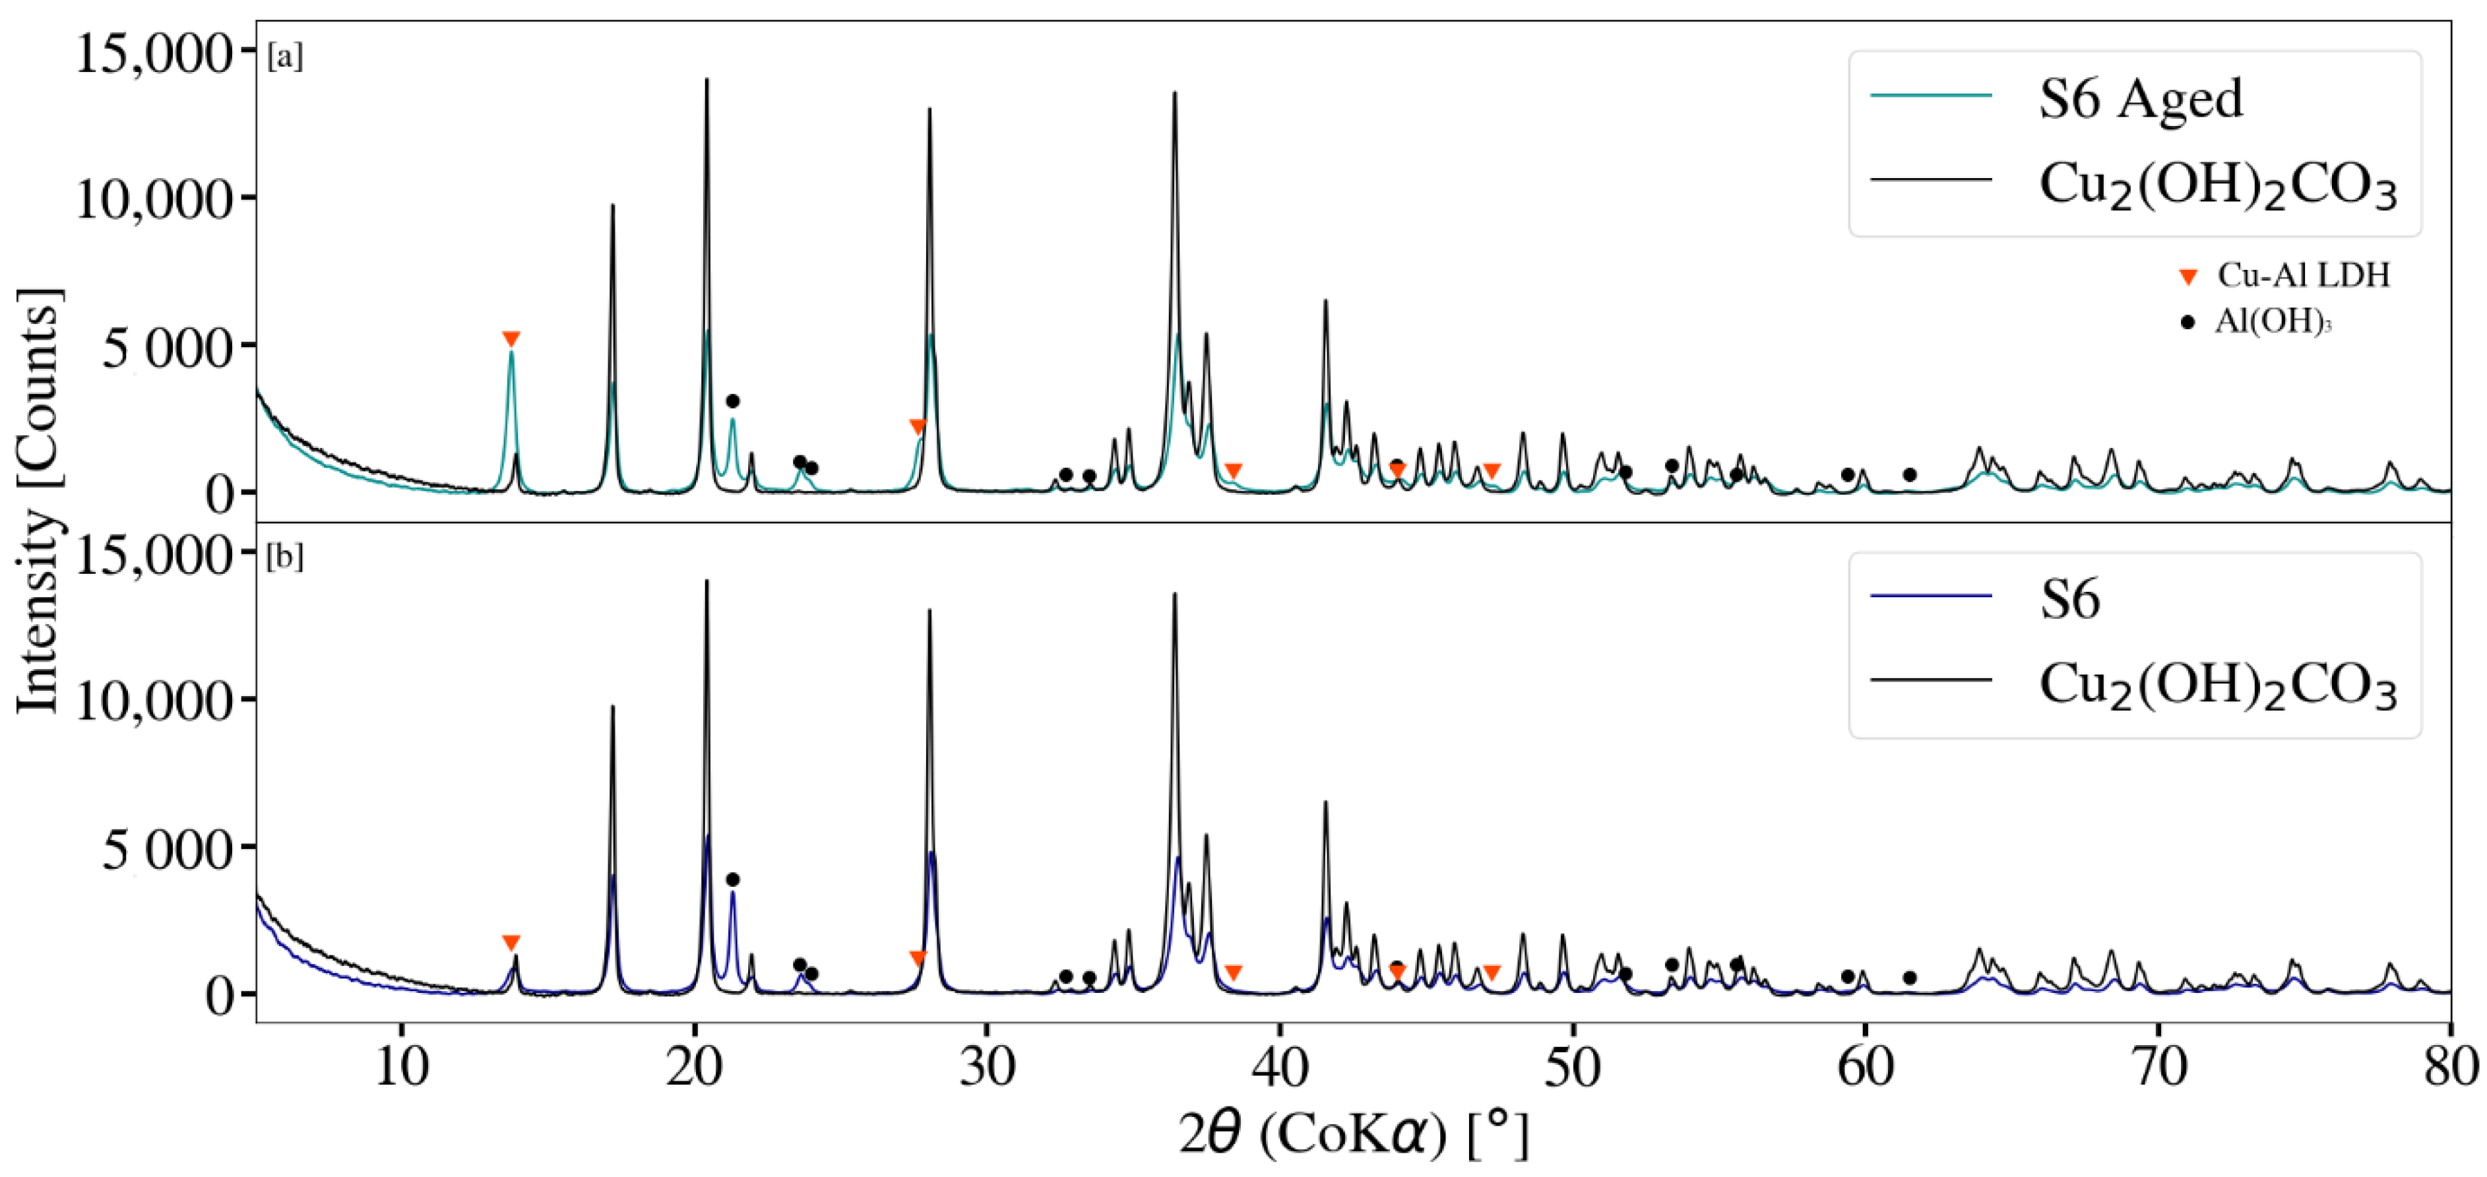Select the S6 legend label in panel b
coord(2069,600)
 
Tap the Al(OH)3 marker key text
coord(2273,321)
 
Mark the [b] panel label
coord(285,558)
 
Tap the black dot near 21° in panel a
coord(733,400)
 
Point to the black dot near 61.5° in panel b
coord(1910,978)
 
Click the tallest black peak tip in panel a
coord(707,80)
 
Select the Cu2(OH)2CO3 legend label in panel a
coord(2218,185)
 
